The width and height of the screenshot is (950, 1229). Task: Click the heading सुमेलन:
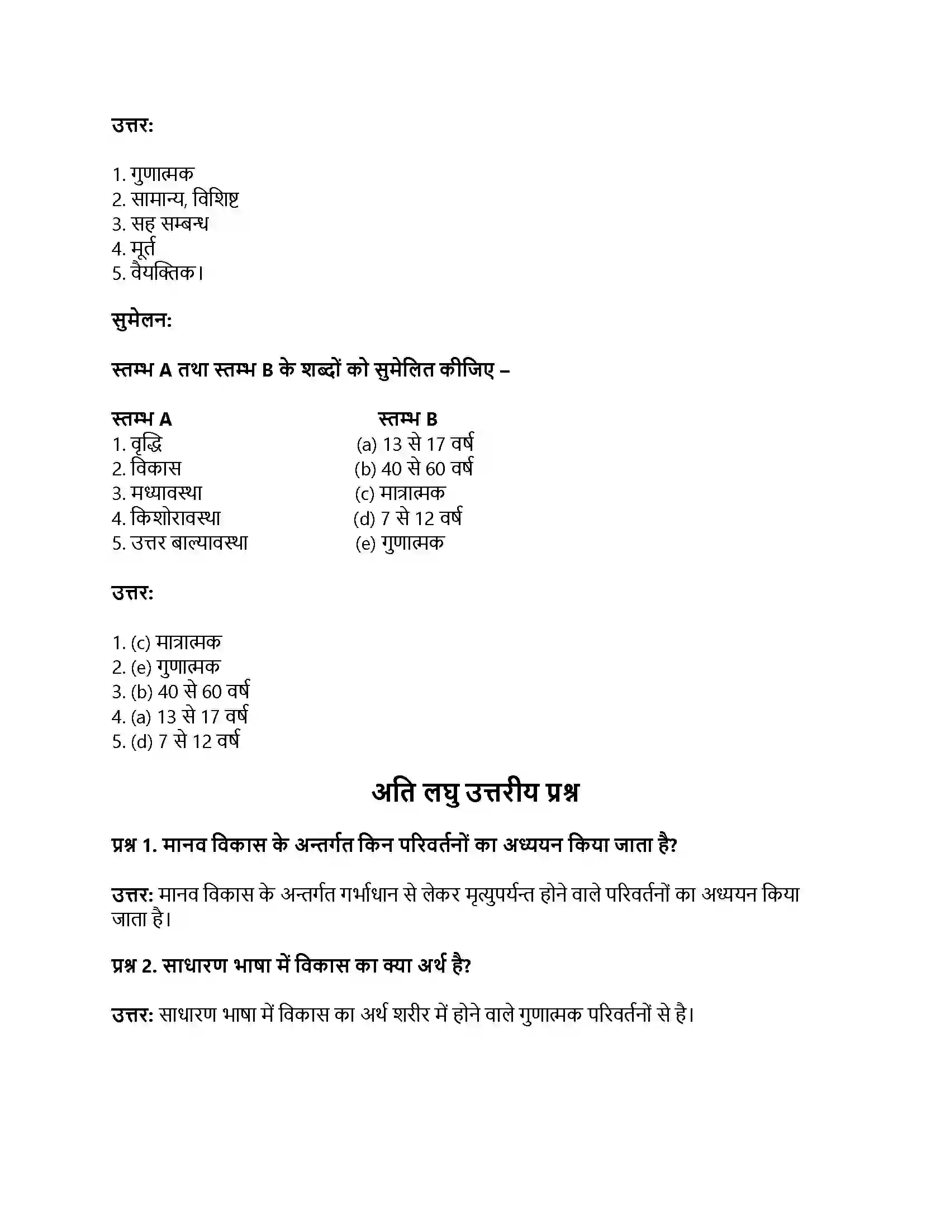142,321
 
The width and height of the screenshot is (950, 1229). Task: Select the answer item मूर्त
142,248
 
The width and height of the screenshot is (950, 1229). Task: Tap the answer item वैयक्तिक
166,274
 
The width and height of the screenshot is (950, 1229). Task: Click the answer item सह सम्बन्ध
169,224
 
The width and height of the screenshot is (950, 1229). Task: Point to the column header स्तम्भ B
407,419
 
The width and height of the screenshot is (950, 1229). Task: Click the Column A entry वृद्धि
146,445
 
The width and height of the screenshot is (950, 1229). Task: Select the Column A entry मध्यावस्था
166,493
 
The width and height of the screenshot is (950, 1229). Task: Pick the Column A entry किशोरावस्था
175,518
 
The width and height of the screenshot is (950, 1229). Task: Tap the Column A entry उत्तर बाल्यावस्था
189,543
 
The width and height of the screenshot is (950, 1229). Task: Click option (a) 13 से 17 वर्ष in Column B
415,445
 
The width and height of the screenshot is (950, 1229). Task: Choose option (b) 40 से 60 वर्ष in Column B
414,469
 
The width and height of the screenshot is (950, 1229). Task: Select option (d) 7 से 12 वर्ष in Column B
408,518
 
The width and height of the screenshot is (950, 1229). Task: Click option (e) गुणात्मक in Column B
400,543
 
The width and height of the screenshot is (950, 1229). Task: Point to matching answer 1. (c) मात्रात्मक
167,642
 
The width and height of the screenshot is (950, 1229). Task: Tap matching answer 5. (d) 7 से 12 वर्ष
175,742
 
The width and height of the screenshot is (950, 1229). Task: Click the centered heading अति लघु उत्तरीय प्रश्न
475,792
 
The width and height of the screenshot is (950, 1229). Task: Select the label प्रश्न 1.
134,845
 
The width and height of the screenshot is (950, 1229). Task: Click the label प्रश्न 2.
134,966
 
